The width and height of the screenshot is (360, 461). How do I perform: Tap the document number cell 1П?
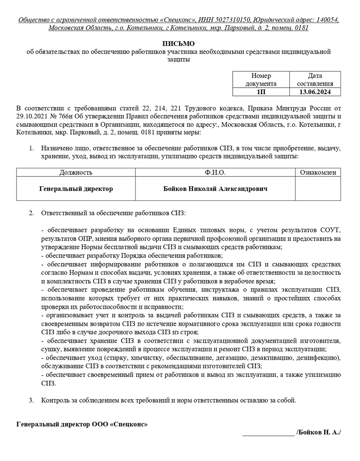[x=261, y=92]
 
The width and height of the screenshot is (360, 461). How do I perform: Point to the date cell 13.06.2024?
[x=315, y=92]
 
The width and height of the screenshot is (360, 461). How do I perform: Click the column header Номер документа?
[x=261, y=80]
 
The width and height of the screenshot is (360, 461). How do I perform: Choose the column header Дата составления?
[x=315, y=80]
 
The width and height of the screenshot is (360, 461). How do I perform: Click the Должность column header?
[x=76, y=172]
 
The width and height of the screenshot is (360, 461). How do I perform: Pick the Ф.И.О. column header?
[x=215, y=172]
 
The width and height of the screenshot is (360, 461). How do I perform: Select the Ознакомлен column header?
[x=318, y=172]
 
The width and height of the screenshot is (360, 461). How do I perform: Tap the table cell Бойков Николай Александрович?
[x=215, y=189]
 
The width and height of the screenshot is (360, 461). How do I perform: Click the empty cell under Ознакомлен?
[x=318, y=189]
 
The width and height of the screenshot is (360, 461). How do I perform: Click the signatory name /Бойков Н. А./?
[x=319, y=432]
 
